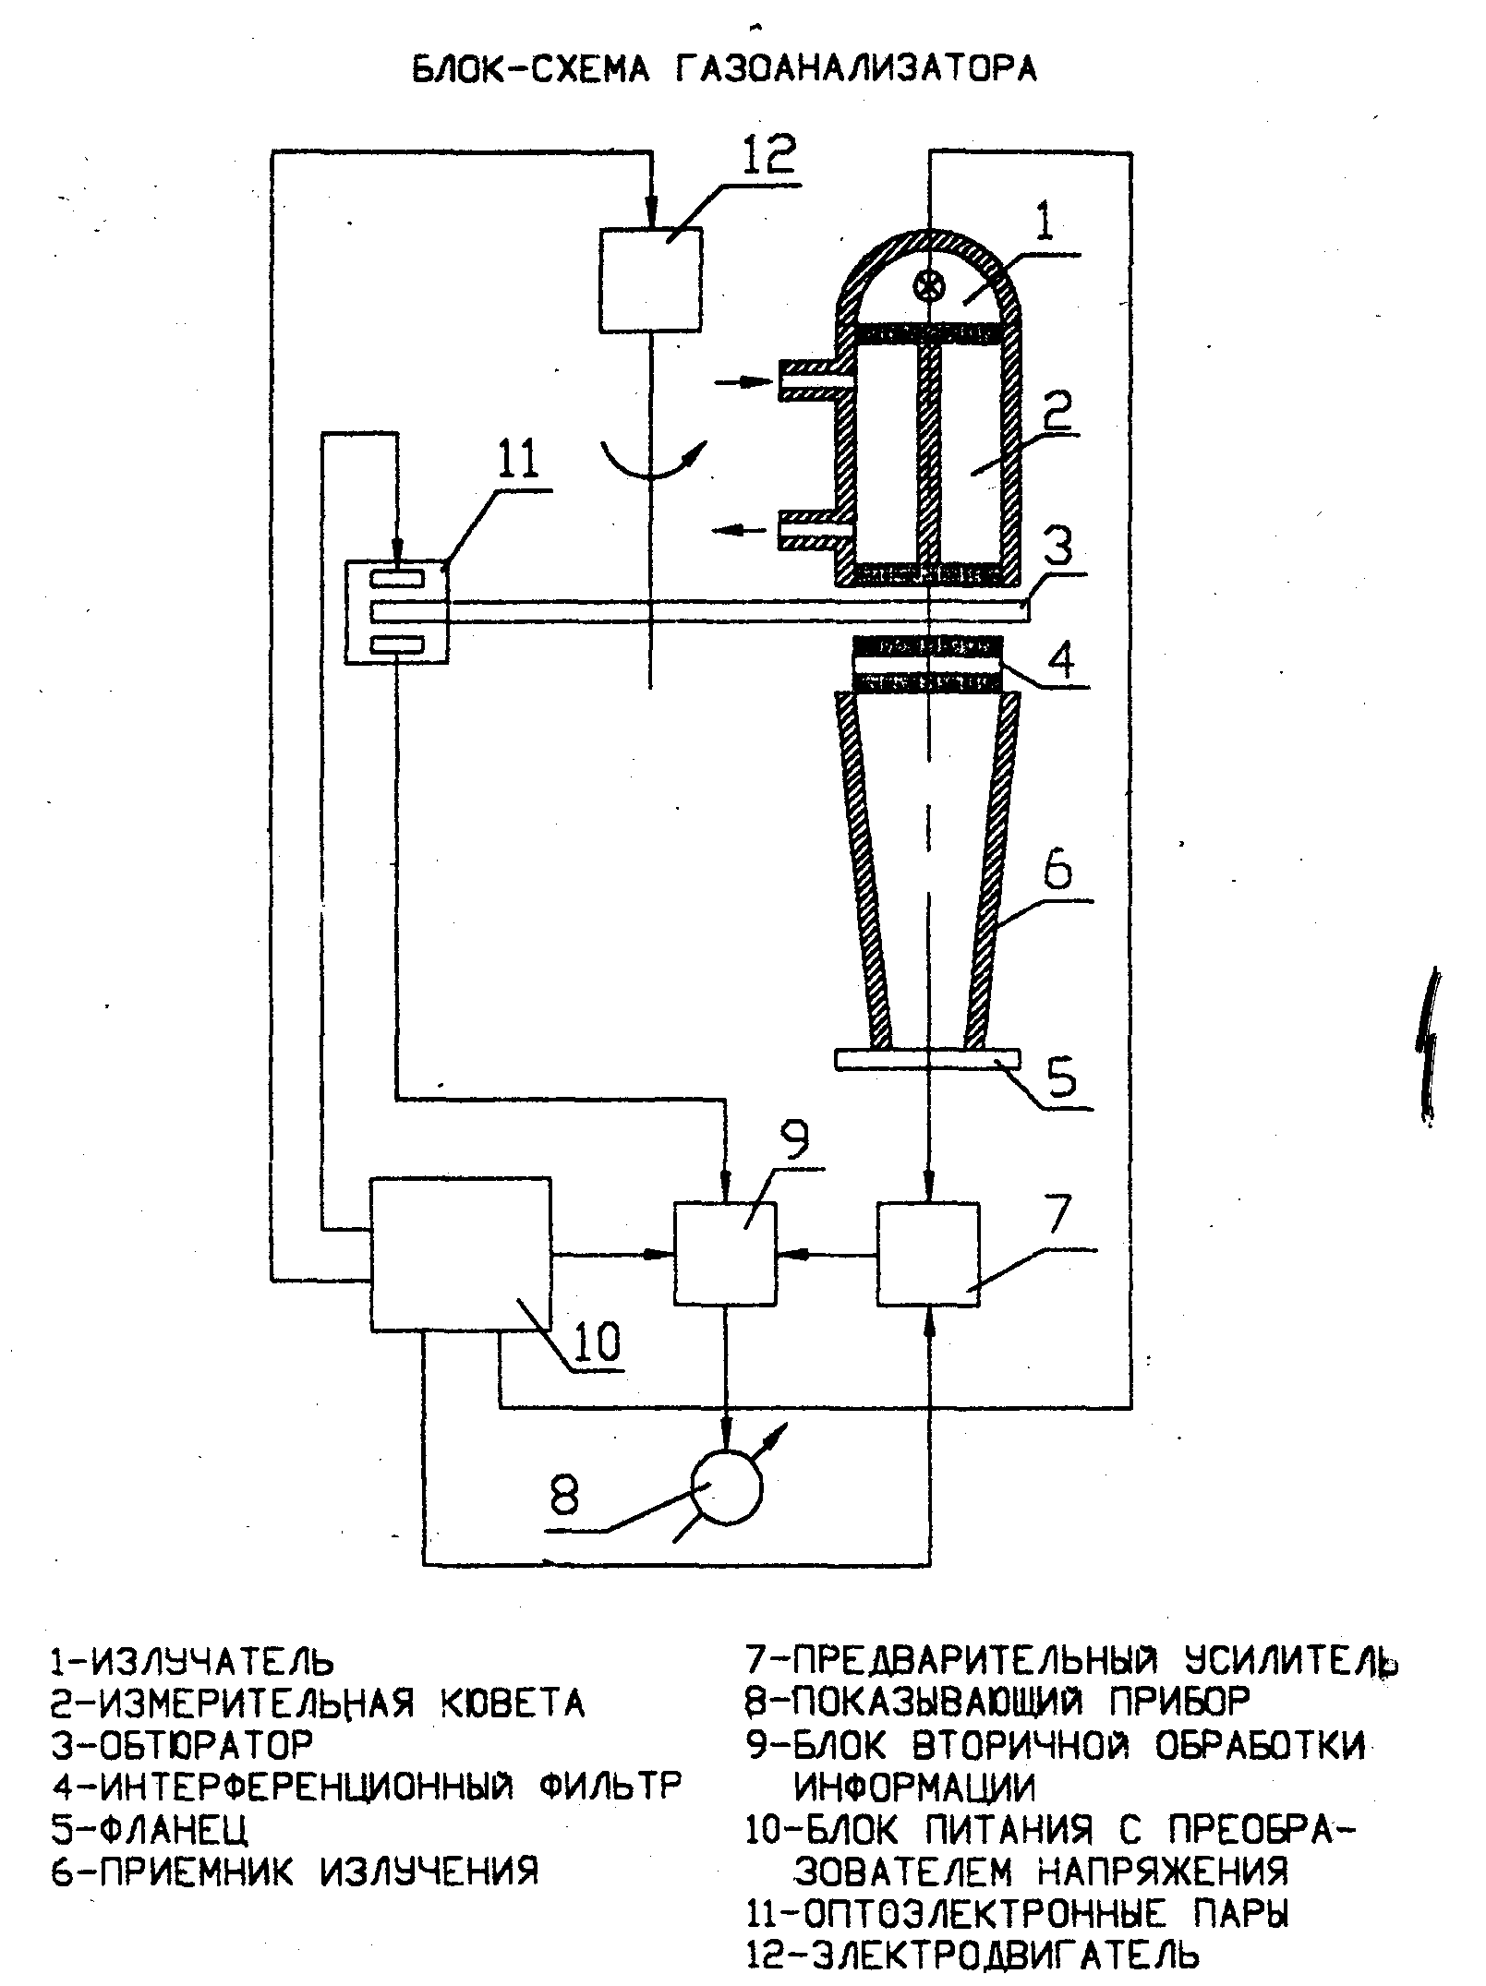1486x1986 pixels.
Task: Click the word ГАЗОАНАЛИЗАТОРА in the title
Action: pyautogui.click(x=856, y=69)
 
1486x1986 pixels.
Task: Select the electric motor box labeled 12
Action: pyautogui.click(x=651, y=280)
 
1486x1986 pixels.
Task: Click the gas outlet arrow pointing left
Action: pyautogui.click(x=740, y=530)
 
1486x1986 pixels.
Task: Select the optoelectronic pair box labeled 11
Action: pyautogui.click(x=396, y=611)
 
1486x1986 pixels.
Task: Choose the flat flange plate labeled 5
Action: pyautogui.click(x=927, y=1059)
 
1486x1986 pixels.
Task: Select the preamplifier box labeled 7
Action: pyautogui.click(x=928, y=1254)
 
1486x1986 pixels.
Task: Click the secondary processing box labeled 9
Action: pyautogui.click(x=725, y=1253)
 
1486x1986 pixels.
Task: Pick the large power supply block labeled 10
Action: pyautogui.click(x=461, y=1253)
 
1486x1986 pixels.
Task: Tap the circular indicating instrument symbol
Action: pyautogui.click(x=728, y=1487)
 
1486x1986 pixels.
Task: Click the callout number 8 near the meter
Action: pyautogui.click(x=564, y=1494)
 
